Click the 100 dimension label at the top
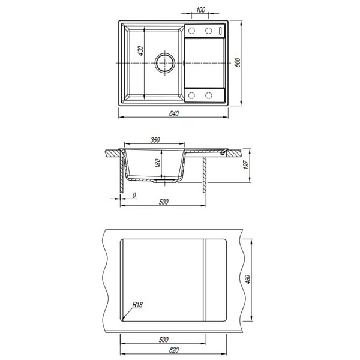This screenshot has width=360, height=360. (200, 10)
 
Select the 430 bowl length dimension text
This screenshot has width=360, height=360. (140, 51)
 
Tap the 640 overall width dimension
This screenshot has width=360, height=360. (174, 113)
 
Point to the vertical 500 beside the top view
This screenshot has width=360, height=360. (238, 62)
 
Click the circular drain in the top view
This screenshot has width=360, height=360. (165, 62)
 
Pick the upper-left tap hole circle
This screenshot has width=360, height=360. (191, 31)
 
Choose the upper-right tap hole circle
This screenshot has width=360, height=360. (208, 31)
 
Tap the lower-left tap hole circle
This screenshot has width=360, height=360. (191, 95)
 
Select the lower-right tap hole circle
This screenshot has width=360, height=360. (208, 95)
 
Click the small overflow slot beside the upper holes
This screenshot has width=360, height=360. (220, 31)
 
